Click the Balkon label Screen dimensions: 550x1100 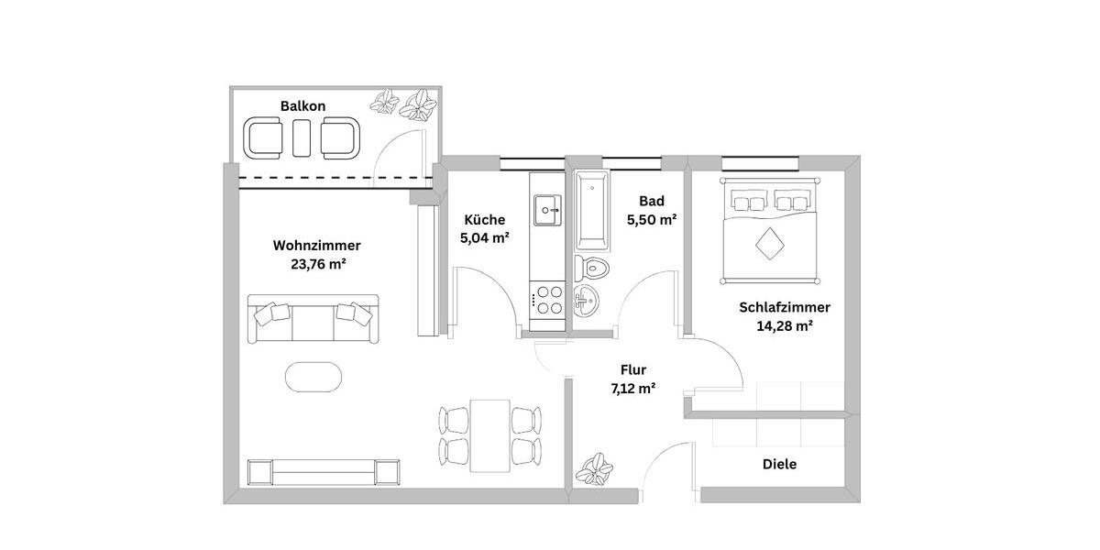point(302,106)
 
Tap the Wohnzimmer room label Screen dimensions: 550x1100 point(316,246)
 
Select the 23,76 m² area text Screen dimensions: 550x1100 point(316,264)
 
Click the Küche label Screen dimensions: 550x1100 point(484,220)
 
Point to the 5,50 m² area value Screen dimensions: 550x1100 point(652,220)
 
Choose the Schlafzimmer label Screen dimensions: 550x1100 point(785,307)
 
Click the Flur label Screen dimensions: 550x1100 point(633,370)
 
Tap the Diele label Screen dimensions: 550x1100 point(779,465)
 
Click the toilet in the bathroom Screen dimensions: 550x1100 point(592,268)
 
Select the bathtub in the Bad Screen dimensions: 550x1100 point(592,210)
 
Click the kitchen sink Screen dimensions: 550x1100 point(547,210)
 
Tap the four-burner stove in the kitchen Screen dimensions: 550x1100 point(548,299)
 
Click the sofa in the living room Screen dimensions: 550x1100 point(312,318)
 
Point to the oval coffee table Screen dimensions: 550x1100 point(313,376)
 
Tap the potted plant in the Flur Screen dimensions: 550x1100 point(596,468)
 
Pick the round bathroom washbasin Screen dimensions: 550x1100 point(587,298)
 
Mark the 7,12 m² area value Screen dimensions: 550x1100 point(633,389)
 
